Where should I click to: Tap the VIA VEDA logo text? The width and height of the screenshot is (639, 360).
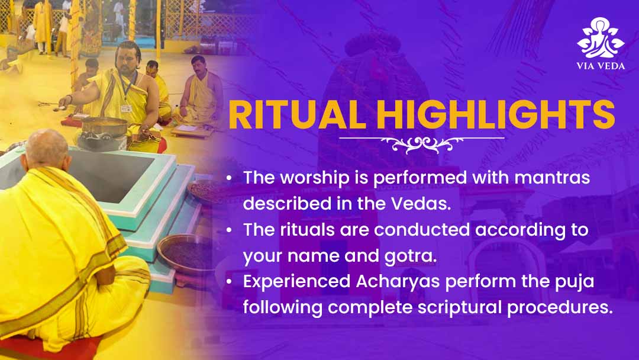[601, 66]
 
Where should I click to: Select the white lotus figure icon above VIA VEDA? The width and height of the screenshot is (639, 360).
[601, 38]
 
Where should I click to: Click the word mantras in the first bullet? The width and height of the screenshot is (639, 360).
[552, 178]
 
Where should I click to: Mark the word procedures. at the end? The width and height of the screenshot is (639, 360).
[560, 307]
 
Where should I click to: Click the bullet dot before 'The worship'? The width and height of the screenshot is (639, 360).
[230, 178]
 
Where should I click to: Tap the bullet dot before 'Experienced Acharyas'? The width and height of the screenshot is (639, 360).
[230, 282]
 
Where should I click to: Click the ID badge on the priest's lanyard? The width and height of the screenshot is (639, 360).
[127, 108]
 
